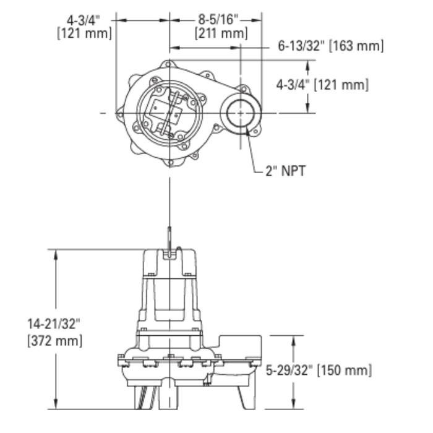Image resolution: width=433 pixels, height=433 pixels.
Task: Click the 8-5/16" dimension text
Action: [x=216, y=20]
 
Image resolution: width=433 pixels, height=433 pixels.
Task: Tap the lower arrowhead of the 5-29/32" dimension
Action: [x=291, y=405]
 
